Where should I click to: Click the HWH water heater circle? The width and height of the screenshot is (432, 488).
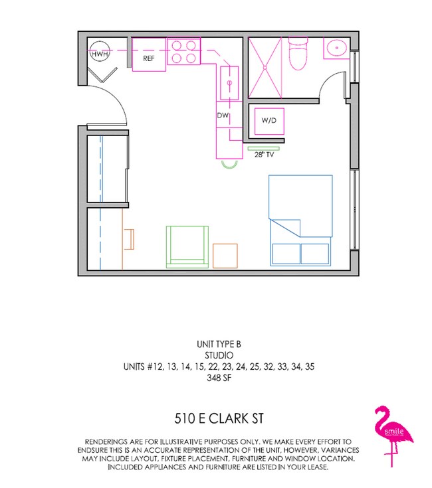click(99, 54)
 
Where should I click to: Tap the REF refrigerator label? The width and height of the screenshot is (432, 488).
click(149, 58)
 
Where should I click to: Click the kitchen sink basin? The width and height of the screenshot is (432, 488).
click(228, 83)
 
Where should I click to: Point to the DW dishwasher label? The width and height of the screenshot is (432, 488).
click(223, 115)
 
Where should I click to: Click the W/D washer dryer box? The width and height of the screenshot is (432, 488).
click(268, 121)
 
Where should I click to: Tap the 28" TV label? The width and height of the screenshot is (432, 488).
click(265, 155)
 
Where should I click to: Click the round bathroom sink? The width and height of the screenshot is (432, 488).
click(336, 48)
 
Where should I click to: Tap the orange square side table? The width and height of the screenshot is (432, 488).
click(225, 256)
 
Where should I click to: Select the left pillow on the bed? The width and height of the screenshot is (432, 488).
click(285, 254)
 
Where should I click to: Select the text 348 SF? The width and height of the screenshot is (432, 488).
click(216, 378)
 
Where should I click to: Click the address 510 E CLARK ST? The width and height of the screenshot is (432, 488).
click(216, 418)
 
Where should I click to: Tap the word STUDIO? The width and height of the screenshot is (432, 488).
click(216, 355)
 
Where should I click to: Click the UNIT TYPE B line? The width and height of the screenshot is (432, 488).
click(216, 344)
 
